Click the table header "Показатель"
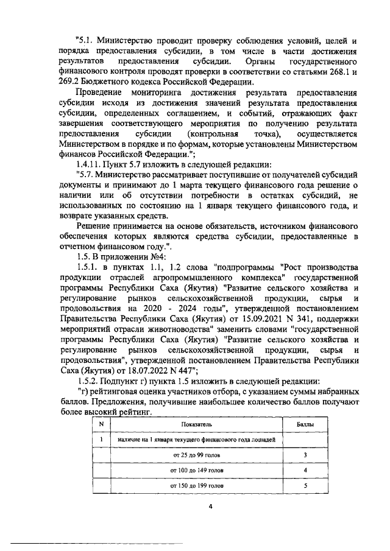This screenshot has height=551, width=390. pos(196,423)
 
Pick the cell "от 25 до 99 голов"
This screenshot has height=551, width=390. pos(196,455)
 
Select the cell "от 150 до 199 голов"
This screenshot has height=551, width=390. pos(196,486)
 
